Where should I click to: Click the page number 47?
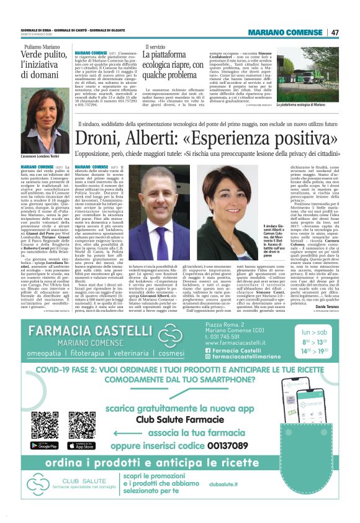335,32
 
